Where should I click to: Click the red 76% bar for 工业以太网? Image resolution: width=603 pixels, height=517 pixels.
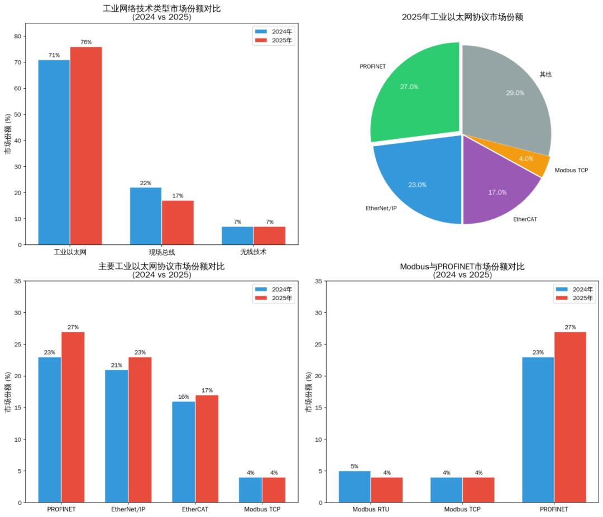coord(86,145)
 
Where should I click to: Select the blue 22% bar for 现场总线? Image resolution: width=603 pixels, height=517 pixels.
coord(146,216)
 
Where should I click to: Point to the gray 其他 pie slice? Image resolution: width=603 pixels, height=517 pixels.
coord(505,95)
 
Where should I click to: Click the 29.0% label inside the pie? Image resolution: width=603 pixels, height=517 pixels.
coord(515,93)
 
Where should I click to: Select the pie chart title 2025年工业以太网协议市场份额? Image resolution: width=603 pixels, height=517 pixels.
coord(462,17)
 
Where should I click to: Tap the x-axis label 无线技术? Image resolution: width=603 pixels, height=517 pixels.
coord(253,252)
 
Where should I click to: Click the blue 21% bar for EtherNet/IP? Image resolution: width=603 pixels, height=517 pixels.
coord(116,436)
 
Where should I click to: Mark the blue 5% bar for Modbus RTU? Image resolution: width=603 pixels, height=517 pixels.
coord(355,486)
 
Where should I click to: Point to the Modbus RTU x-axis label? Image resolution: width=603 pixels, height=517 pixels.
coord(371,510)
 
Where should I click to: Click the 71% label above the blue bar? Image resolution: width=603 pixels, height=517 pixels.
coord(54,55)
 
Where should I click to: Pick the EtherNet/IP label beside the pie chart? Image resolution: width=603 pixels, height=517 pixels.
coord(381,208)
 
